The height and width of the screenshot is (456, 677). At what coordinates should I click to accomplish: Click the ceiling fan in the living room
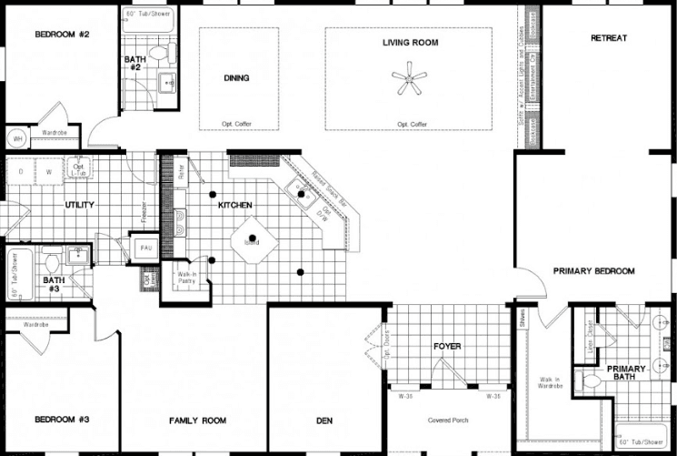[x=411, y=79]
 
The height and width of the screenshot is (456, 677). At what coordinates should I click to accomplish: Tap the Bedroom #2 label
[x=61, y=35]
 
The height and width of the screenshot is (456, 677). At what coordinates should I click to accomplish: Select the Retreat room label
[x=609, y=38]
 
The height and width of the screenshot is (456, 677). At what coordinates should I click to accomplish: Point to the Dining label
[x=236, y=78]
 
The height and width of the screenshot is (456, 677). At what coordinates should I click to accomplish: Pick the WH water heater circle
[x=16, y=138]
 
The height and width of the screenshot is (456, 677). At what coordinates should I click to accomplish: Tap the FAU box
[x=145, y=248]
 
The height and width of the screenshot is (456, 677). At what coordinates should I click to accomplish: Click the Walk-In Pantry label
[x=186, y=278]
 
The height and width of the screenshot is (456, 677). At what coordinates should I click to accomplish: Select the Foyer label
[x=447, y=347]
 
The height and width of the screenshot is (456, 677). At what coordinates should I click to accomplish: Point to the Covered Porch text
[x=447, y=421]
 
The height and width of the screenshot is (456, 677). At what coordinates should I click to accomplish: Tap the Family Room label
[x=198, y=421]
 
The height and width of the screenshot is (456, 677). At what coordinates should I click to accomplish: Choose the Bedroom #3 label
[x=61, y=420]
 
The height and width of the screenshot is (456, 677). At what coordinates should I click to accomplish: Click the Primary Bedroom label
[x=594, y=271]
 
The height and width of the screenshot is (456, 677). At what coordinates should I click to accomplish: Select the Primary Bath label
[x=626, y=373]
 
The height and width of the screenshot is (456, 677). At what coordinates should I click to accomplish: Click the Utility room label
[x=79, y=206]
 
